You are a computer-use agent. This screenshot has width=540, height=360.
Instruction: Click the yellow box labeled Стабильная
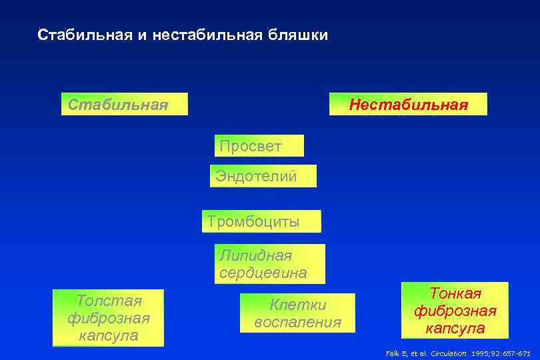coord(124,105)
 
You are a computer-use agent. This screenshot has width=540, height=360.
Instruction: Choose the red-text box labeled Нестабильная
coord(408,105)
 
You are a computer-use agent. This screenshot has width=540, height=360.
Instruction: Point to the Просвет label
coord(249,145)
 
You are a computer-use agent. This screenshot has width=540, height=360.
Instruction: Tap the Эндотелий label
coord(256,176)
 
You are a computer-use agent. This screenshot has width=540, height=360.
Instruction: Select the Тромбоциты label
coord(253,221)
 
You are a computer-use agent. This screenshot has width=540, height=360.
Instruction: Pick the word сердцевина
coord(263,273)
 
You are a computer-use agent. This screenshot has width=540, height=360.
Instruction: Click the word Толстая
coord(108,301)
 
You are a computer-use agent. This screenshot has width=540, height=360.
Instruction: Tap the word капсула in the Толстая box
coord(108,335)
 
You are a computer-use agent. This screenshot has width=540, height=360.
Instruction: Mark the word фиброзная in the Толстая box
coord(108,318)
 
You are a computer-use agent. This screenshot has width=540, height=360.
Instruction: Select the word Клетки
coord(297,305)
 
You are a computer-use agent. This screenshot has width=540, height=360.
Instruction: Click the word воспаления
coord(297,322)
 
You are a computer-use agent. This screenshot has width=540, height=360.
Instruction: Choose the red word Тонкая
coord(455,293)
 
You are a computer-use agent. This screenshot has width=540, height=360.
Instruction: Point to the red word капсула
coord(455,329)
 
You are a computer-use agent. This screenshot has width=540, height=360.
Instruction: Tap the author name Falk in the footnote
coord(393,353)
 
